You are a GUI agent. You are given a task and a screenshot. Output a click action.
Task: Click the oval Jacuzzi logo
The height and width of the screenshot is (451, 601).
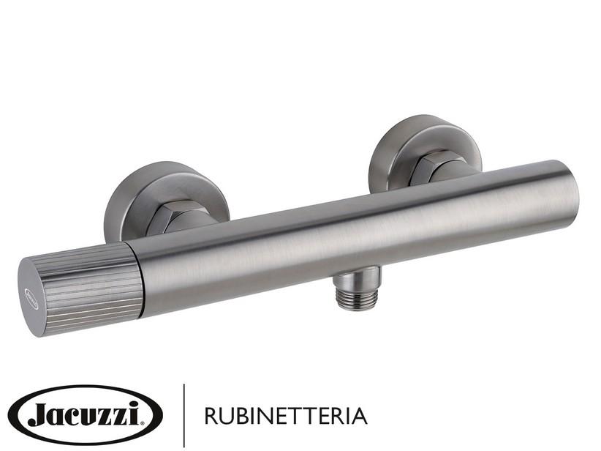[84, 415]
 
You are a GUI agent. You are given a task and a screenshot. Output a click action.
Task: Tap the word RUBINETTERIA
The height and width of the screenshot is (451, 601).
[285, 417]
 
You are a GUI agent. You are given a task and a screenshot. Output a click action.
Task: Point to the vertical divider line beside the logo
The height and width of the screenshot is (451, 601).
[183, 415]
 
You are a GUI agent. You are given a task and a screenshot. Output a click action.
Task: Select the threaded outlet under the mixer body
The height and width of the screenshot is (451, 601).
[357, 287]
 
